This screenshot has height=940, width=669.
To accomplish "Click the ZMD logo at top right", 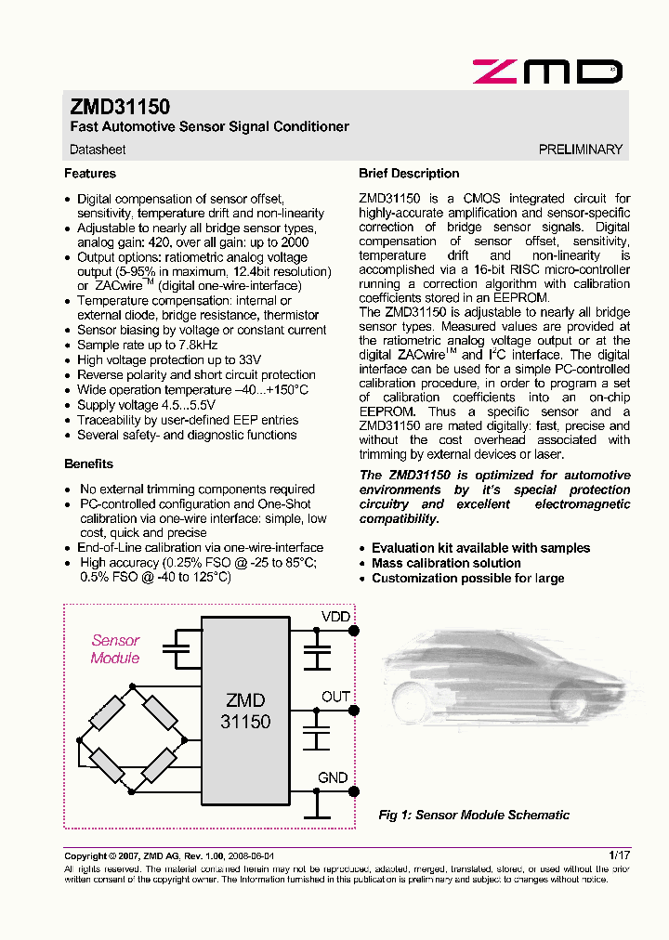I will pyautogui.click(x=546, y=72).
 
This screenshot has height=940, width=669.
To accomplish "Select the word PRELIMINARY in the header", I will pyautogui.click(x=580, y=149).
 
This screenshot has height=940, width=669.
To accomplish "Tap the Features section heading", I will pyautogui.click(x=90, y=174).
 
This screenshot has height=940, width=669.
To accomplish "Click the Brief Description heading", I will pyautogui.click(x=409, y=174).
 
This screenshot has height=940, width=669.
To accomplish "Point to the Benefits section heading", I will pyautogui.click(x=88, y=463).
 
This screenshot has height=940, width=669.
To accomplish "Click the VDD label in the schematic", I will pyautogui.click(x=335, y=617).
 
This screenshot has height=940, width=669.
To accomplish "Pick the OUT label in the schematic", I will pyautogui.click(x=335, y=697).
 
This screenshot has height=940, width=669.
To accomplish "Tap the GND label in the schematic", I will pyautogui.click(x=333, y=777).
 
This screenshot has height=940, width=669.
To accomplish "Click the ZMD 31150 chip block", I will pyautogui.click(x=245, y=710).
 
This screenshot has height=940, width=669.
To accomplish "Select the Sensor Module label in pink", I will pyautogui.click(x=115, y=649).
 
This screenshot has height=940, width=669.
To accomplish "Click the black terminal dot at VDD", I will pyautogui.click(x=353, y=631).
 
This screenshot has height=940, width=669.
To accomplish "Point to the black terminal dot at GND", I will pyautogui.click(x=353, y=791).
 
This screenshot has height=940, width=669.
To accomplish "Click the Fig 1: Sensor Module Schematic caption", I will pyautogui.click(x=474, y=815).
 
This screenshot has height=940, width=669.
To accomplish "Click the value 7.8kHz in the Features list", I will pyautogui.click(x=193, y=345).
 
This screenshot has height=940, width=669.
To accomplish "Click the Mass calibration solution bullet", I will pyautogui.click(x=446, y=563).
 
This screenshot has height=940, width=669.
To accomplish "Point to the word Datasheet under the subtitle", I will pyautogui.click(x=98, y=149).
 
